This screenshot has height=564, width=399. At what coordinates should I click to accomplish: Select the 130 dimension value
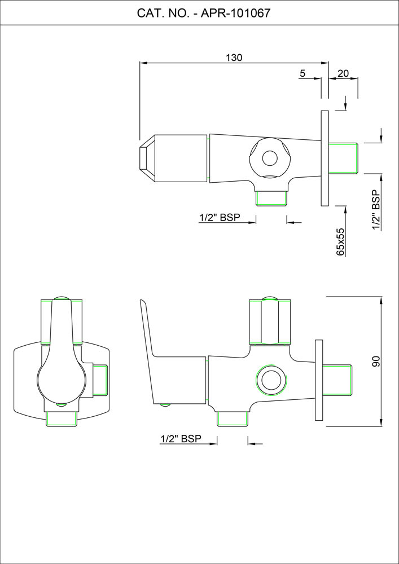point(234,57)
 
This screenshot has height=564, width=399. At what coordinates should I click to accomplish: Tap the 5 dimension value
point(302,73)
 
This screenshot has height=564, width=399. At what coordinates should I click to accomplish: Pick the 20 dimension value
point(343,73)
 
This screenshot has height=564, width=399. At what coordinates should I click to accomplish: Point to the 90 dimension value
point(376,362)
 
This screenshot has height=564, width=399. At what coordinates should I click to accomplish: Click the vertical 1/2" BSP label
point(376,210)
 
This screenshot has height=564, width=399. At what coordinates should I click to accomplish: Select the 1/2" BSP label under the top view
point(220,218)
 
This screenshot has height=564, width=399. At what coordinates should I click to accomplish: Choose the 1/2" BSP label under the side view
point(181,438)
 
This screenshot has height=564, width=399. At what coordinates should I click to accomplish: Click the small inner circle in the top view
point(269,158)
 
